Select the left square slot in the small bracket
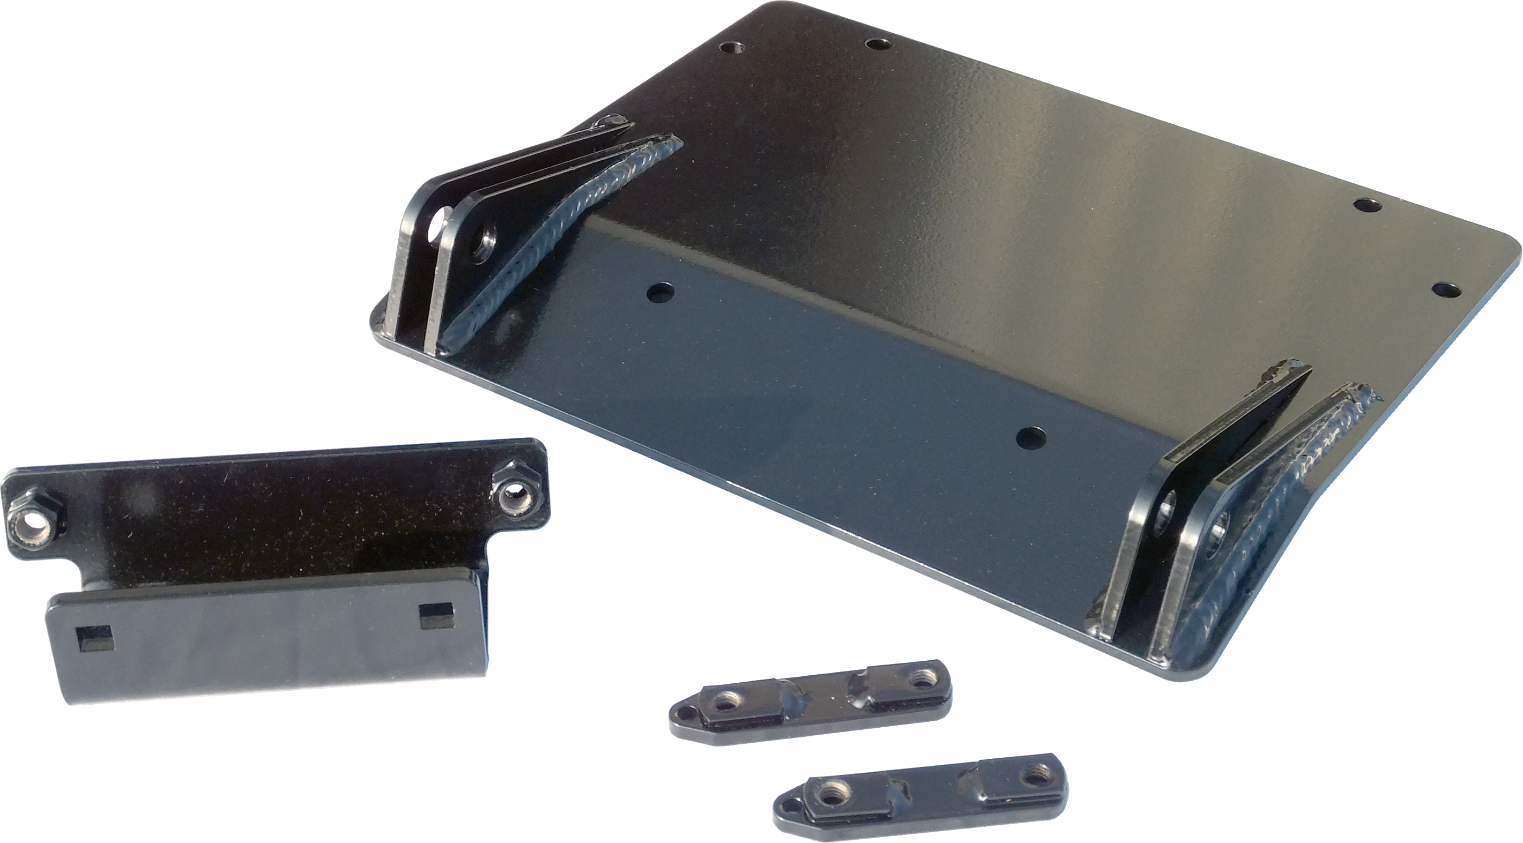pos(93,637)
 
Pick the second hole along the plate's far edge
pos(876,43)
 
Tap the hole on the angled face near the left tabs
pos(660,291)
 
